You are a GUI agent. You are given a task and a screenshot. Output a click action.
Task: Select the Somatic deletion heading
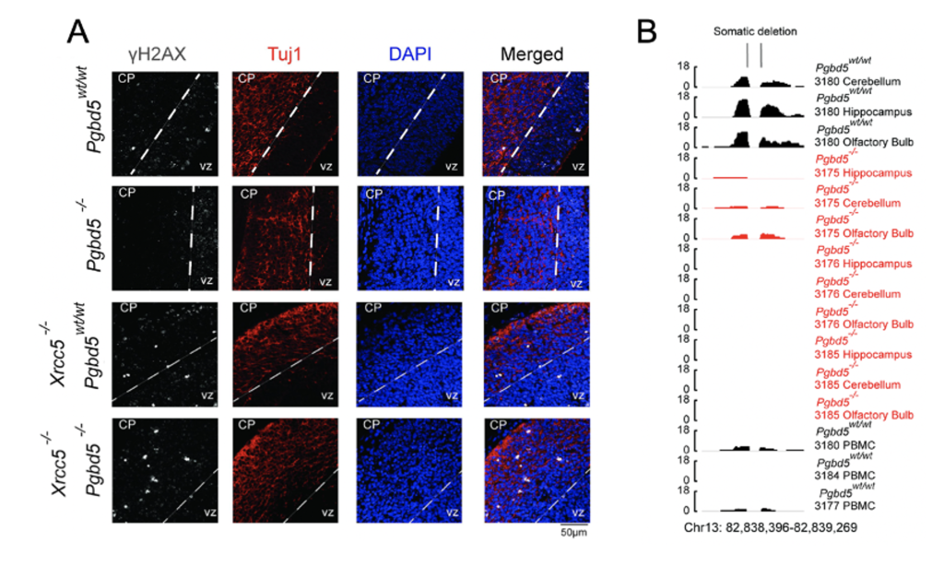(754, 31)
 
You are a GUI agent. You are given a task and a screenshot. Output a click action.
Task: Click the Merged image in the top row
(534, 124)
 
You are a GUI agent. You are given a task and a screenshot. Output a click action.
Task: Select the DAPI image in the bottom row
(409, 470)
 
